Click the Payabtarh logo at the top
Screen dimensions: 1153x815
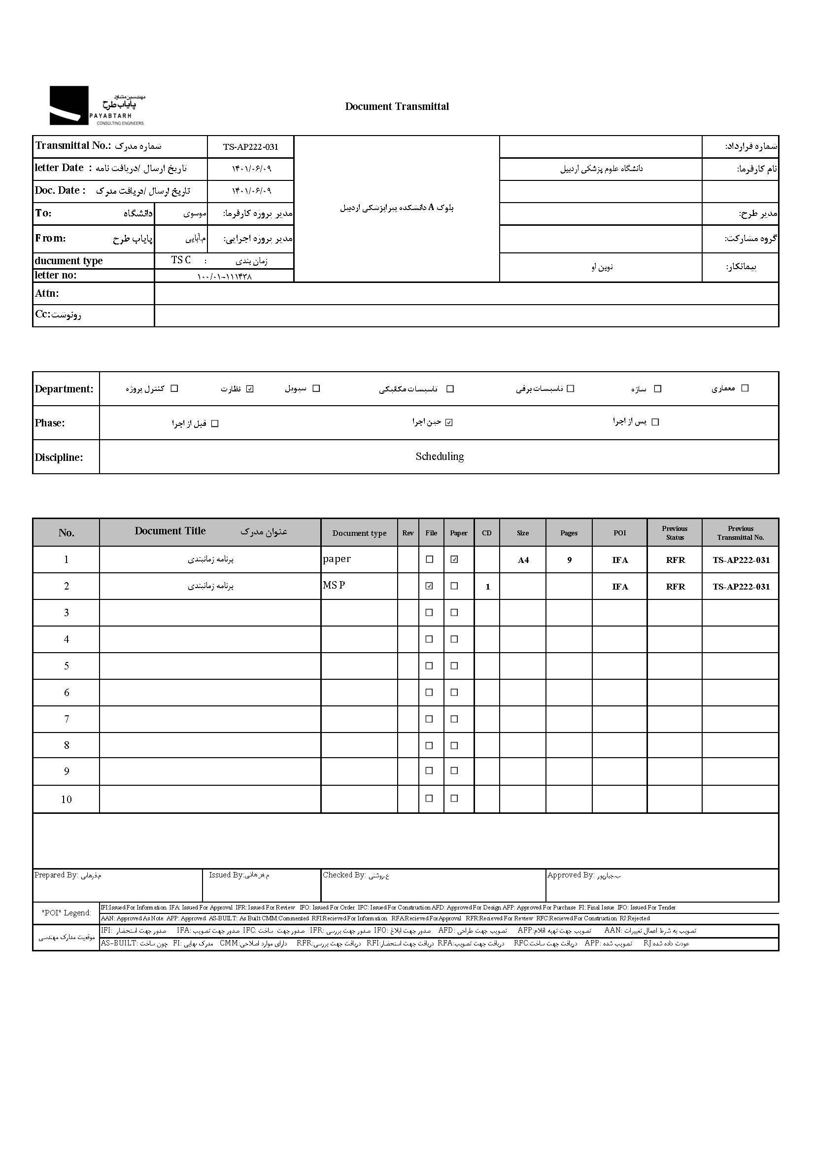97,105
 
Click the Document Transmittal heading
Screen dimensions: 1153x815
397,106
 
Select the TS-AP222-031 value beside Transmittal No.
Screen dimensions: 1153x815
250,146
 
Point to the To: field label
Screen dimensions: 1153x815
43,213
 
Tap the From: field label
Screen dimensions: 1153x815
50,238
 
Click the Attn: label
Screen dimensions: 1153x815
47,293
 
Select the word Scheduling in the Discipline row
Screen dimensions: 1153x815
439,456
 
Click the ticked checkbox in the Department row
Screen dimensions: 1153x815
250,388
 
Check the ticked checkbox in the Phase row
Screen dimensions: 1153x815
449,422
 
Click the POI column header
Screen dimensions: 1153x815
619,533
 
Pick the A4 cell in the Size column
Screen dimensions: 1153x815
523,560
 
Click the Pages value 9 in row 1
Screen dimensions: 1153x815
569,560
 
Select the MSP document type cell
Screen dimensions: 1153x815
334,586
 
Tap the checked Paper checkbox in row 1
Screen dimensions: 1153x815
454,559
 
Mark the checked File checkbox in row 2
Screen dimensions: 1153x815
429,586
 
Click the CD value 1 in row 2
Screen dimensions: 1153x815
487,587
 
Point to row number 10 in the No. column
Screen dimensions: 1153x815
66,800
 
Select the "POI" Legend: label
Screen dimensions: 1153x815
66,913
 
